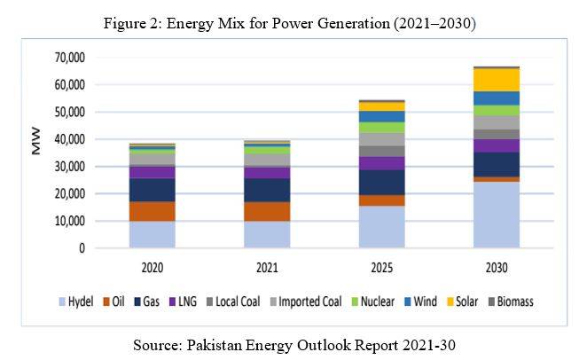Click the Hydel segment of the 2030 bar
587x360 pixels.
[497, 215]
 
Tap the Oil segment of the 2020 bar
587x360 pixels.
[153, 211]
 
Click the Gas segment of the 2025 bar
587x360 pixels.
[381, 183]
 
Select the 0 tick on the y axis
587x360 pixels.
[80, 248]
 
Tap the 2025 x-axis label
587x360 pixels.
[381, 266]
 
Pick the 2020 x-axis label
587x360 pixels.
[153, 266]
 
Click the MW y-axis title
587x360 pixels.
[36, 145]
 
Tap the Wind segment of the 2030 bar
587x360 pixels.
[497, 98]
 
